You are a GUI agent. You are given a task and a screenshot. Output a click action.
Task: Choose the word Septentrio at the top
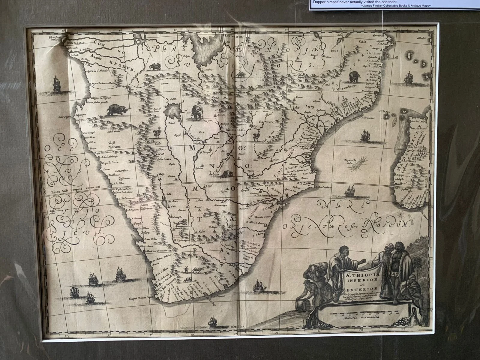click(x=234, y=36)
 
